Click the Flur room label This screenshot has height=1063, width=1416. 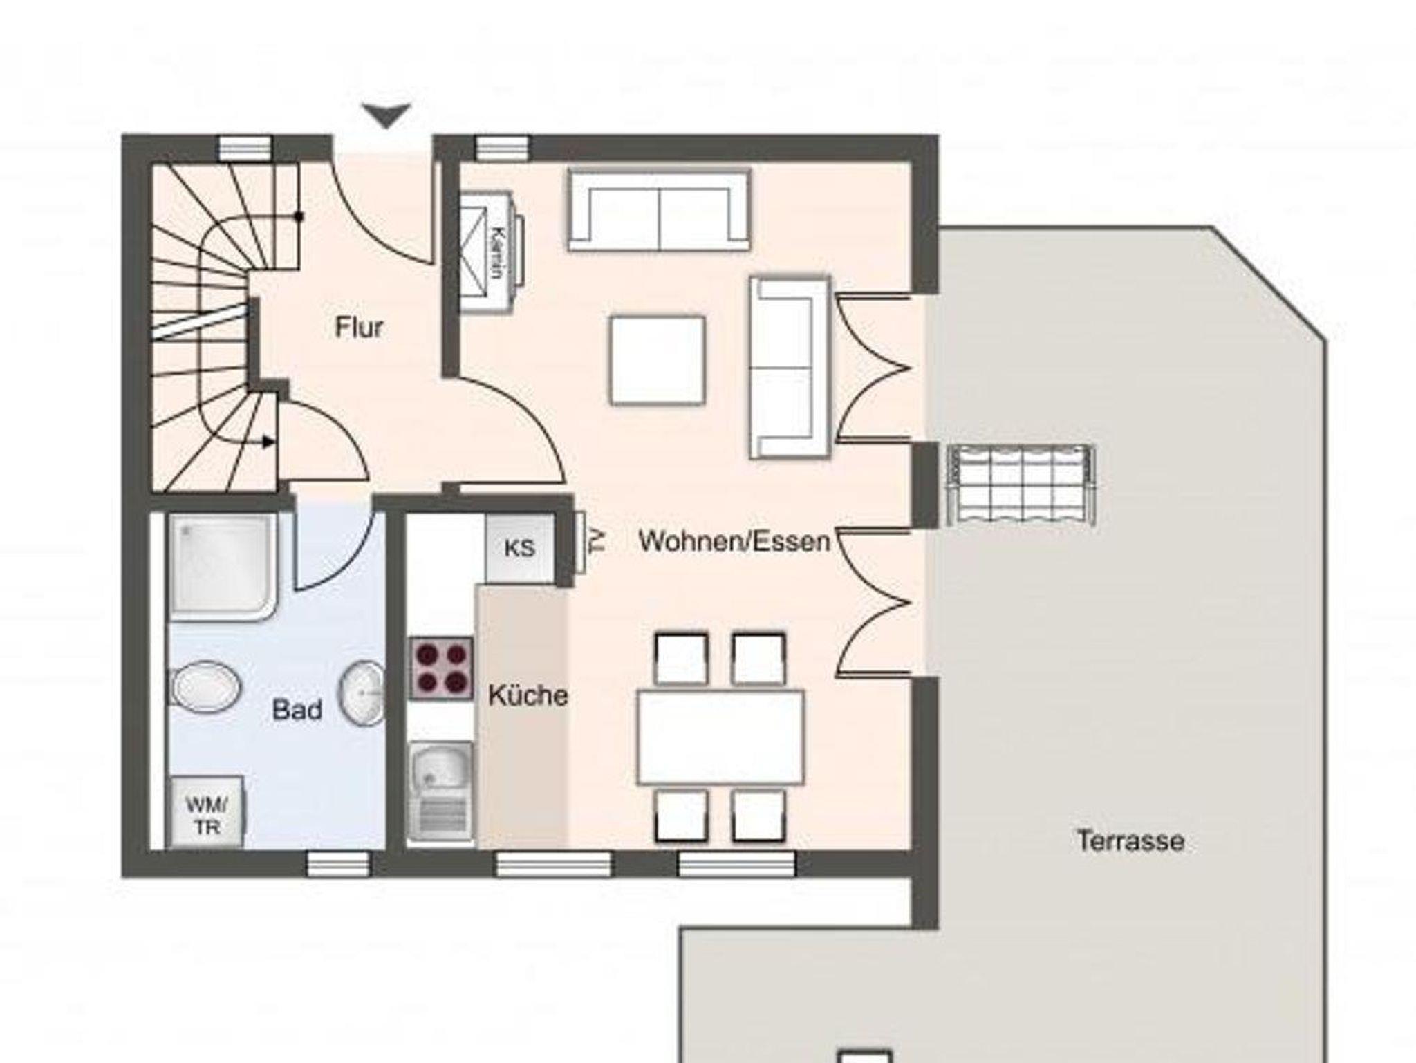(359, 327)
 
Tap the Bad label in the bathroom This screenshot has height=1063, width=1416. (297, 710)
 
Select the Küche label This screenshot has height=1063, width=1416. (528, 695)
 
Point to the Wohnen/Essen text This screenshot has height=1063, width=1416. (734, 540)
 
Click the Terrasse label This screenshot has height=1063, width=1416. (1130, 840)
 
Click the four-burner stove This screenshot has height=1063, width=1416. (441, 668)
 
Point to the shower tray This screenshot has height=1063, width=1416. (223, 566)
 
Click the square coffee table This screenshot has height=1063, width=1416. (658, 359)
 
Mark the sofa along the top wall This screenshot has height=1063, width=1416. (659, 210)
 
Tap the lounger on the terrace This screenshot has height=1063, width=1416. (1020, 485)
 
